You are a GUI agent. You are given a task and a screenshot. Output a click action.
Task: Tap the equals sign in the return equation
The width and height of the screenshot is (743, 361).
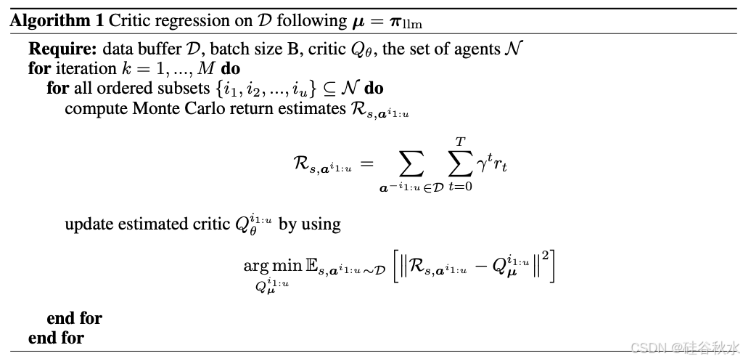pos(367,165)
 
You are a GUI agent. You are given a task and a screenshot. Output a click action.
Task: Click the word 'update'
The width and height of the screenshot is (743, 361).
pos(86,224)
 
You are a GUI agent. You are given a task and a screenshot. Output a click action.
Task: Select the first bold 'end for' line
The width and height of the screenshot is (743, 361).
pos(74,318)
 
